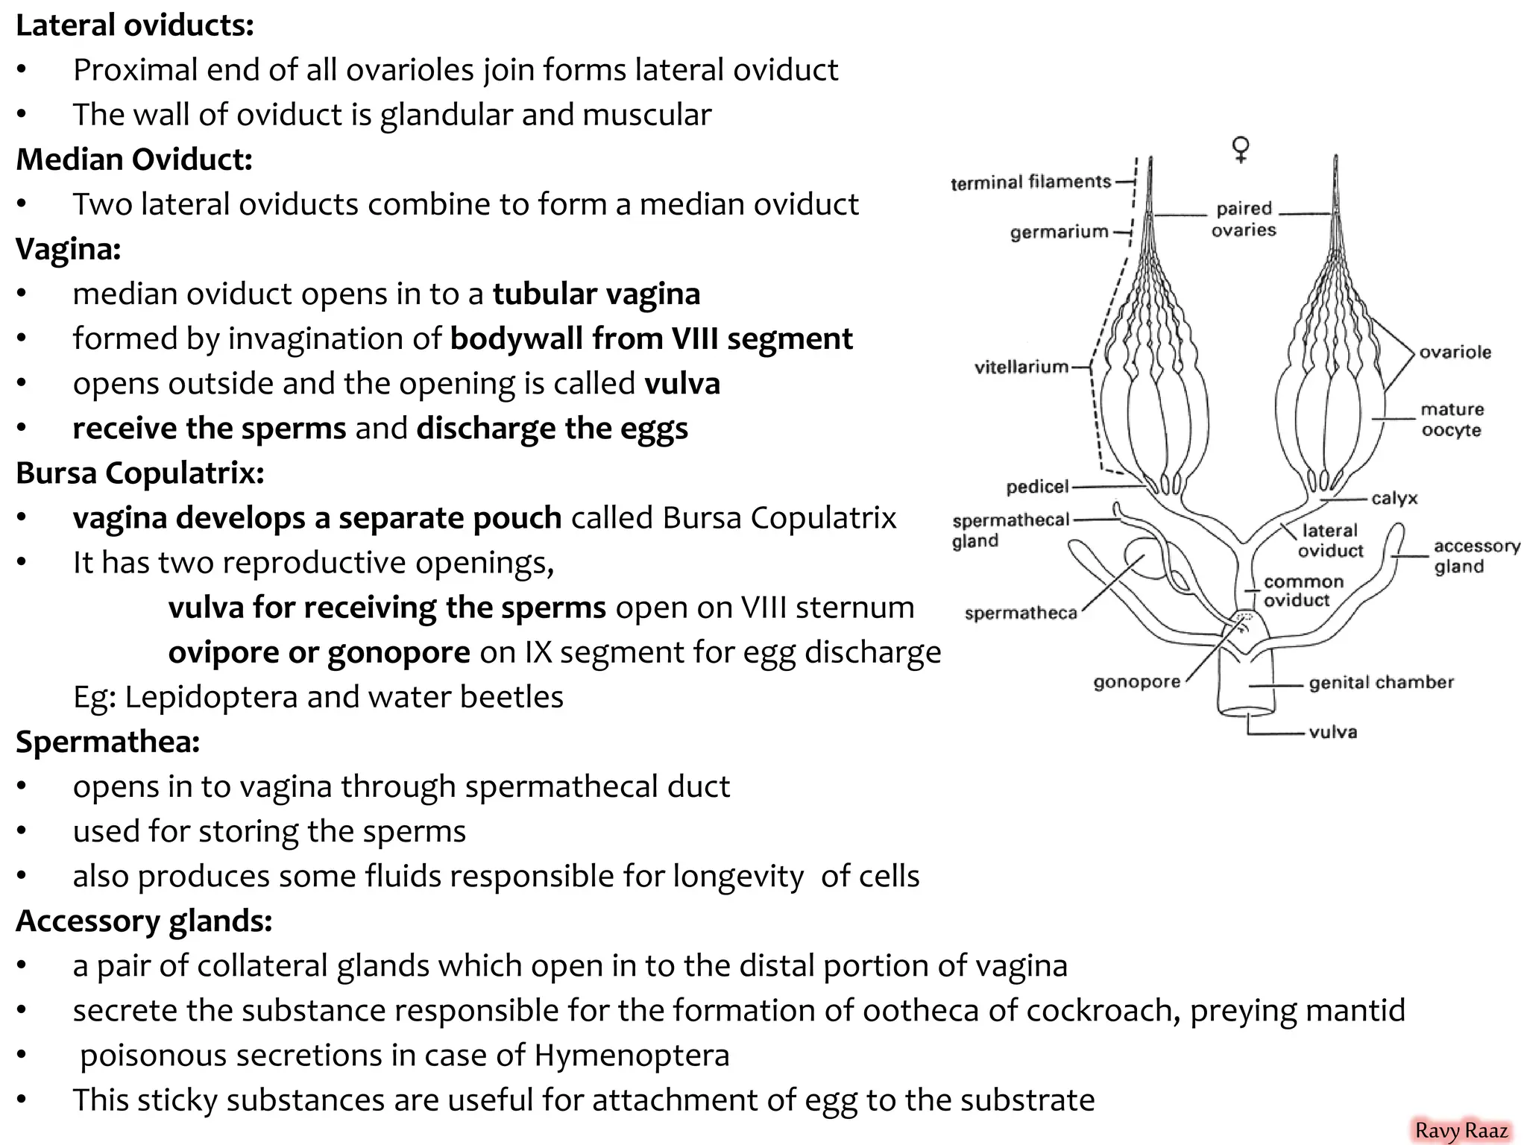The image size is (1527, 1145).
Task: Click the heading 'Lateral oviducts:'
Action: coord(135,25)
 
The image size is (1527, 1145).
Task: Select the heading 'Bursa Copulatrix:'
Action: coord(140,473)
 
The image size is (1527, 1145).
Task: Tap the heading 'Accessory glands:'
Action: coord(144,921)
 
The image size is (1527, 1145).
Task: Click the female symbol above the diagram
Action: coord(1241,149)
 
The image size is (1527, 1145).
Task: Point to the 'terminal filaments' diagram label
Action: coord(1030,182)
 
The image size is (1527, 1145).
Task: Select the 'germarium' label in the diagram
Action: coord(1059,232)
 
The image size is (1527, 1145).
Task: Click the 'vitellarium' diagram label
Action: coord(1021,367)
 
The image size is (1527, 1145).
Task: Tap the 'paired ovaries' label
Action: coord(1244,219)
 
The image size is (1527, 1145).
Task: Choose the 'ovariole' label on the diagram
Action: coord(1455,353)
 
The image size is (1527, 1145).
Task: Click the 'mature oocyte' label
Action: coord(1452,420)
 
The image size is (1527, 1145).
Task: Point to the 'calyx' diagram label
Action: coord(1394,498)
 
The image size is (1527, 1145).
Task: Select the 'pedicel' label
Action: coord(1037,488)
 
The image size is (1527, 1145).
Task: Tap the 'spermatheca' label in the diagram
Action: coord(1020,613)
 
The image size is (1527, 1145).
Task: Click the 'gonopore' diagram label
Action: coord(1136,682)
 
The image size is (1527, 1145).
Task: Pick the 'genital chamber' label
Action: coord(1381,683)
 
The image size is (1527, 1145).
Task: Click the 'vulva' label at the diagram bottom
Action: coord(1332,732)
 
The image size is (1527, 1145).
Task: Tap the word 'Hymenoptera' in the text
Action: coord(632,1056)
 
